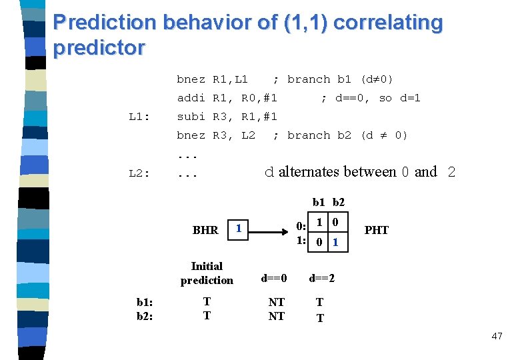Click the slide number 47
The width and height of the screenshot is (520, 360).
click(x=497, y=336)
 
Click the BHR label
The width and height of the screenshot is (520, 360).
click(x=205, y=230)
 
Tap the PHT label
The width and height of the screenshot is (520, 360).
click(x=377, y=230)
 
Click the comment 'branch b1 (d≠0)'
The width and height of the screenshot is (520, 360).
click(x=340, y=79)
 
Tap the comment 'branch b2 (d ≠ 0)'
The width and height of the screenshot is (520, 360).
click(x=347, y=135)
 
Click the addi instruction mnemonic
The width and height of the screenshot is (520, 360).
click(x=191, y=98)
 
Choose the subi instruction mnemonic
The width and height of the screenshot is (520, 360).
click(x=191, y=117)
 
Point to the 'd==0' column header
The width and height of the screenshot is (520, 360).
click(x=274, y=277)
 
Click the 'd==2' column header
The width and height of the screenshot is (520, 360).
click(x=321, y=277)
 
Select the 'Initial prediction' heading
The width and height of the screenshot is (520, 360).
click(x=207, y=273)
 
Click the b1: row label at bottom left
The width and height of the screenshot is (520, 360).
click(x=145, y=301)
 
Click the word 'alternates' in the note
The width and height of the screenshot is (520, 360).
click(x=311, y=172)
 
